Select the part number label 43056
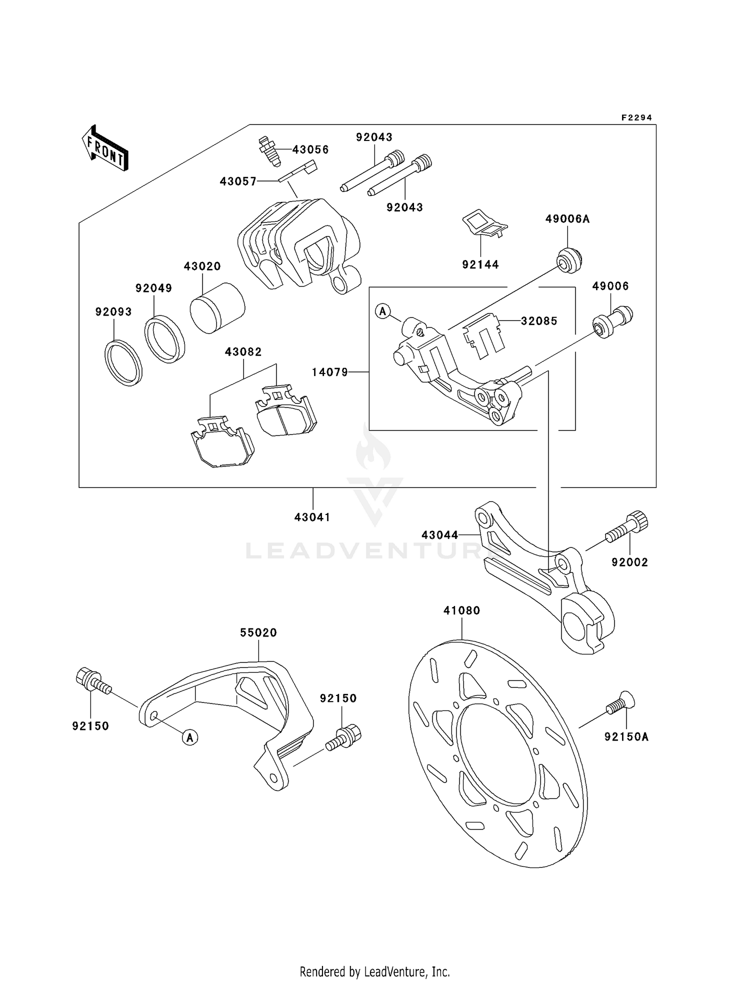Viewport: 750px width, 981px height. click(x=310, y=149)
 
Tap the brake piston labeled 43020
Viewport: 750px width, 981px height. click(x=217, y=308)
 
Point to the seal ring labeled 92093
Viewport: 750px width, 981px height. click(x=123, y=362)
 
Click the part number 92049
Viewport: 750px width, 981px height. click(x=153, y=288)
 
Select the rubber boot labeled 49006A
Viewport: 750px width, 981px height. click(x=569, y=260)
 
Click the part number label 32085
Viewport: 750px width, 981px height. click(x=539, y=321)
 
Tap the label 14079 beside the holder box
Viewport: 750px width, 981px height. click(x=329, y=372)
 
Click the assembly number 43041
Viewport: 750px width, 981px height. click(x=312, y=517)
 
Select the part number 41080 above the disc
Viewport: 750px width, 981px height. click(x=461, y=610)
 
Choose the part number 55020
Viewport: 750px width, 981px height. click(x=258, y=632)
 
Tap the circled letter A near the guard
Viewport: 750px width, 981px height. click(x=190, y=737)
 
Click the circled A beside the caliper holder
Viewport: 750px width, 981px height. click(x=382, y=311)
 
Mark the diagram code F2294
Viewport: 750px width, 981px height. click(x=636, y=118)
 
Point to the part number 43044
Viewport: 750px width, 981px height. click(x=439, y=535)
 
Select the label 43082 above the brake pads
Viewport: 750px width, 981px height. click(x=243, y=352)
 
